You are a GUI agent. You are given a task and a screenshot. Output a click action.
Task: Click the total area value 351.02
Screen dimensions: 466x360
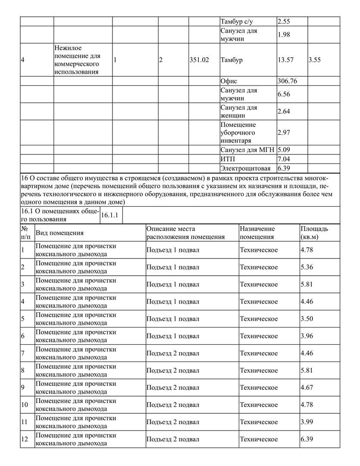[x=199, y=60]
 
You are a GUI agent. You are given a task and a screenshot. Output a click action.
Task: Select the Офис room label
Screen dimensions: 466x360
[x=229, y=81]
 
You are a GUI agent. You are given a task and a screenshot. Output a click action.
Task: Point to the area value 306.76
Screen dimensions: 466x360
[x=288, y=81]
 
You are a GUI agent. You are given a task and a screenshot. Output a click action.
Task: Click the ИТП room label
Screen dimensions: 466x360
[x=227, y=159]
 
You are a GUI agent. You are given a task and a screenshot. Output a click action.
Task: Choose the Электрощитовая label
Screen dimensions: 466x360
[x=245, y=168]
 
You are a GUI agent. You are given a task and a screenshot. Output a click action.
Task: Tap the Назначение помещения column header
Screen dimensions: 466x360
[x=257, y=233]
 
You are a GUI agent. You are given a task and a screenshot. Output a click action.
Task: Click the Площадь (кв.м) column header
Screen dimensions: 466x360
[x=314, y=233]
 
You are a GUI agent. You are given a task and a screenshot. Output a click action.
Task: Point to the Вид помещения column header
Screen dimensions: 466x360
[x=59, y=233]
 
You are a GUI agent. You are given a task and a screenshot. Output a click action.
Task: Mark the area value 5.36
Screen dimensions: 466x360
[x=307, y=267]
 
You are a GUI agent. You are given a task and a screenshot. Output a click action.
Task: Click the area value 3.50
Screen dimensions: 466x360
[x=307, y=319]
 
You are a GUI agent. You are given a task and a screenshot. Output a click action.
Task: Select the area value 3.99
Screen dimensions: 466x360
[x=307, y=422]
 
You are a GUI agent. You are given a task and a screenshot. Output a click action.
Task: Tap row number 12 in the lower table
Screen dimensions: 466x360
[x=25, y=439]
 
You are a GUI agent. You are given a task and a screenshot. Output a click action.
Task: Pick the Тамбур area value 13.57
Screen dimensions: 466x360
[x=285, y=60]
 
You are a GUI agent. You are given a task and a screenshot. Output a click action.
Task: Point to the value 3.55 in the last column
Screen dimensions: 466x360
[x=315, y=60]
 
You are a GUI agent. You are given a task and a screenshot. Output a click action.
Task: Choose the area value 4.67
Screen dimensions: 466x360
[x=307, y=387]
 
